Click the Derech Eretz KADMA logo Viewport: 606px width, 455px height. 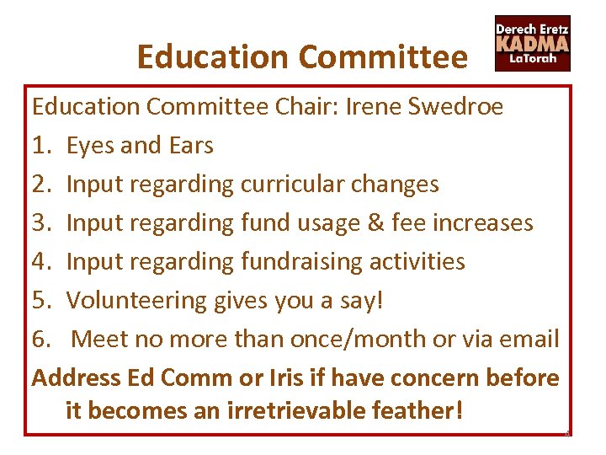pyautogui.click(x=532, y=44)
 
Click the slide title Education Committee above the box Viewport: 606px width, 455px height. pyautogui.click(x=301, y=57)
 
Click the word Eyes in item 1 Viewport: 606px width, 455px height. pyautogui.click(x=91, y=146)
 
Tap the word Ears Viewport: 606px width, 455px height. pyautogui.click(x=191, y=146)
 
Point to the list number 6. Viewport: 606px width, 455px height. pyautogui.click(x=40, y=340)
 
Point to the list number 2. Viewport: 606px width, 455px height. pyautogui.click(x=40, y=185)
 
